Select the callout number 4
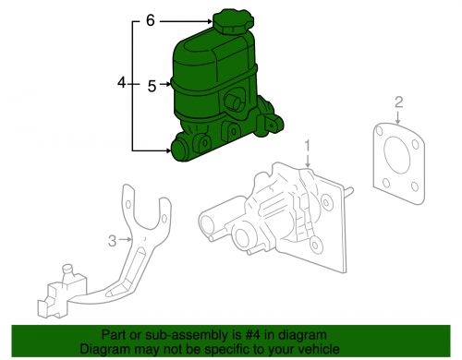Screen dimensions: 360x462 pyautogui.click(x=122, y=84)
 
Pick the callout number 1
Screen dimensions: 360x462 pyautogui.click(x=310, y=146)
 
